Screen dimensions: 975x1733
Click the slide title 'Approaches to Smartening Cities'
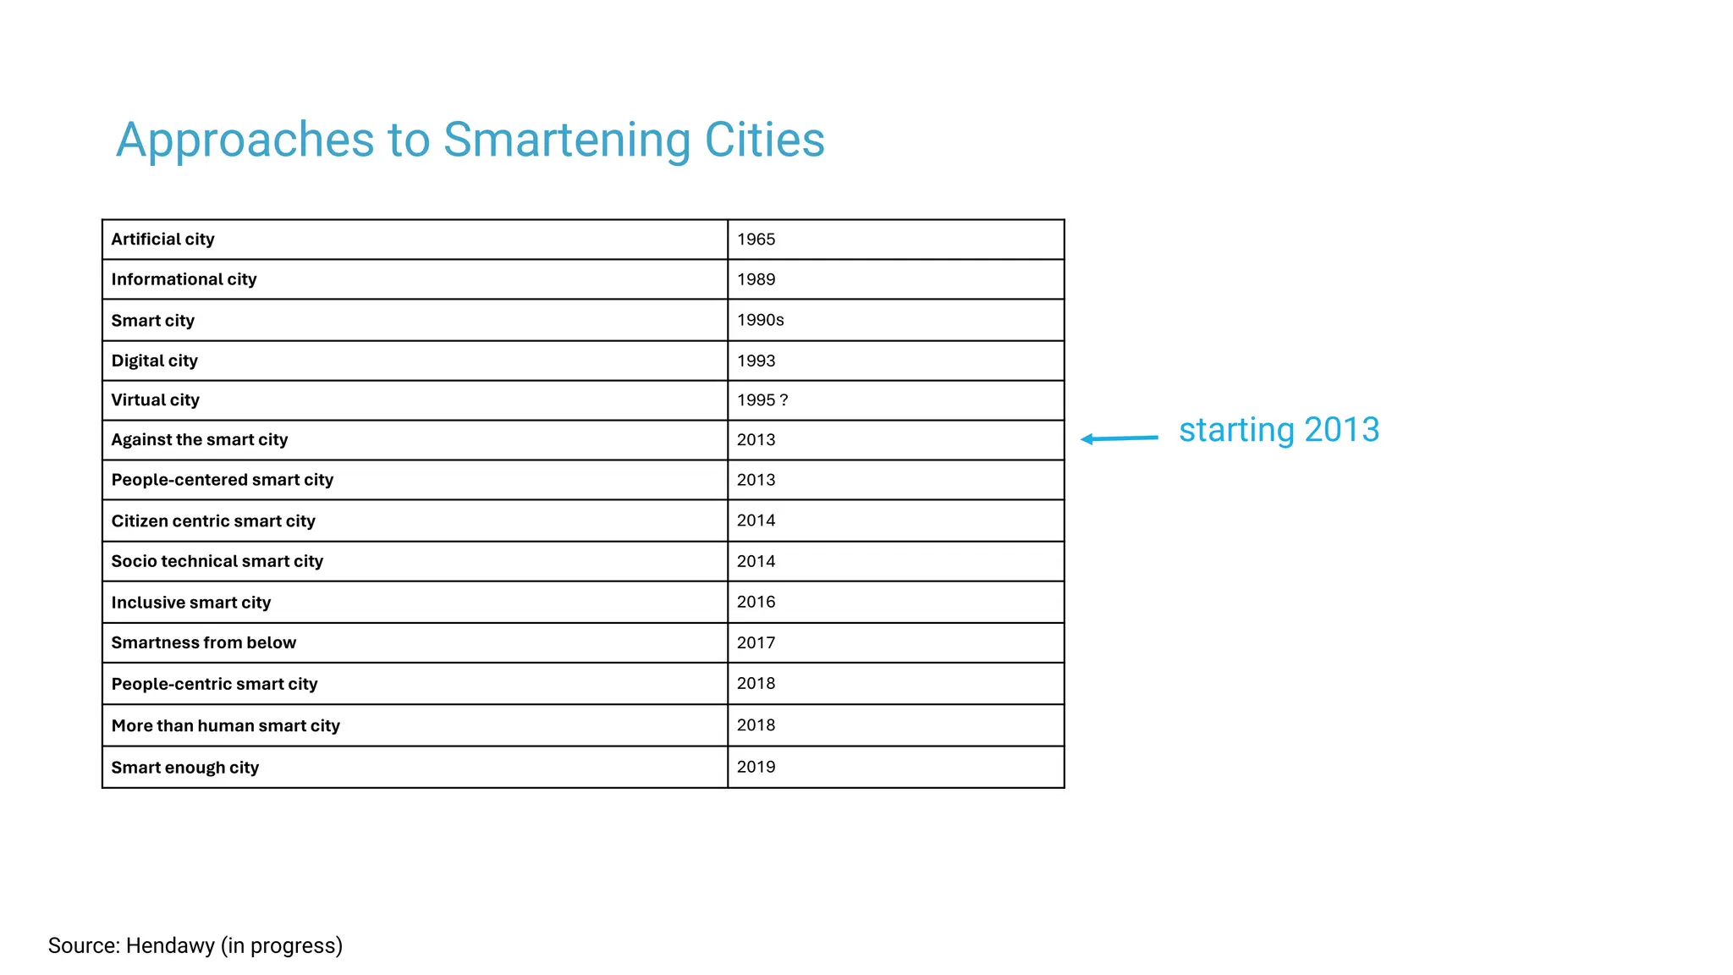click(470, 140)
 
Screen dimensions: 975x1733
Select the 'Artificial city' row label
click(163, 240)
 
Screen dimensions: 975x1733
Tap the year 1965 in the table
click(756, 240)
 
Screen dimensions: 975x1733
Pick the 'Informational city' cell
click(184, 279)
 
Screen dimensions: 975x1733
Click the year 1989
click(756, 279)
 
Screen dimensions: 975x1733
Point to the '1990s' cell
click(760, 320)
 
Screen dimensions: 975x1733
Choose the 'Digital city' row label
click(155, 361)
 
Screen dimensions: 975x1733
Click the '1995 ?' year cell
click(762, 400)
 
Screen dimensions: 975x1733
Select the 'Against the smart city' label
click(200, 440)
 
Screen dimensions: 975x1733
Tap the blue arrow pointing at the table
click(1120, 438)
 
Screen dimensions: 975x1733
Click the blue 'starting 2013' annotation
click(1279, 430)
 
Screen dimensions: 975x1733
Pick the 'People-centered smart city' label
click(223, 480)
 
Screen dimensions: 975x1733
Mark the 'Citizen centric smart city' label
click(213, 521)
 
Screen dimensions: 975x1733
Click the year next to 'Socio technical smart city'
click(756, 561)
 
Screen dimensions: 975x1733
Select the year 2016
click(756, 602)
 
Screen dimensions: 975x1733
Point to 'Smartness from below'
click(204, 642)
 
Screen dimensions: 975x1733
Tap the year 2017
click(756, 642)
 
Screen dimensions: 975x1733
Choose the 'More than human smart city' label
click(226, 725)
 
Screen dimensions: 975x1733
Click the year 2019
click(756, 767)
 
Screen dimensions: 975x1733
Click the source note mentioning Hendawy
click(195, 945)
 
